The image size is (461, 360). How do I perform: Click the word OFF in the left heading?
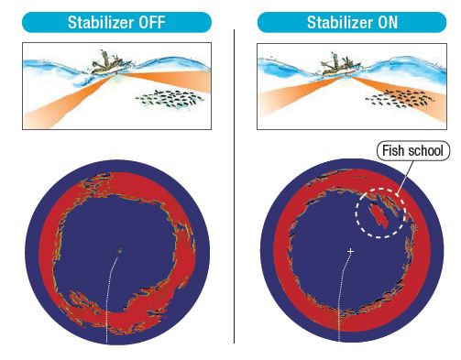(x=152, y=22)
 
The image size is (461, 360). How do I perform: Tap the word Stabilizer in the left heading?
(x=101, y=22)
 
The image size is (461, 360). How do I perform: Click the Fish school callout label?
(x=413, y=150)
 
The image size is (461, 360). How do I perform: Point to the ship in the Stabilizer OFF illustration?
(x=111, y=63)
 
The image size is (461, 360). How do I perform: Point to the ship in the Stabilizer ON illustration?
(x=340, y=64)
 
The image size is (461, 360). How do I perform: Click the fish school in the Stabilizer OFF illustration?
(x=170, y=98)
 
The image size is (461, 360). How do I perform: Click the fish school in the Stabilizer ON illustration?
(x=400, y=98)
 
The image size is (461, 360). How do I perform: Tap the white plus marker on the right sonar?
(x=350, y=251)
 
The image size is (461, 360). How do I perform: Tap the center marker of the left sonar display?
(x=120, y=251)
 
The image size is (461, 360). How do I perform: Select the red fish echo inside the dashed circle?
(x=379, y=214)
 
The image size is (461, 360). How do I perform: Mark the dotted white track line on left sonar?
(x=109, y=300)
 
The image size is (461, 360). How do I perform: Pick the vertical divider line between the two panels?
(x=235, y=186)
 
